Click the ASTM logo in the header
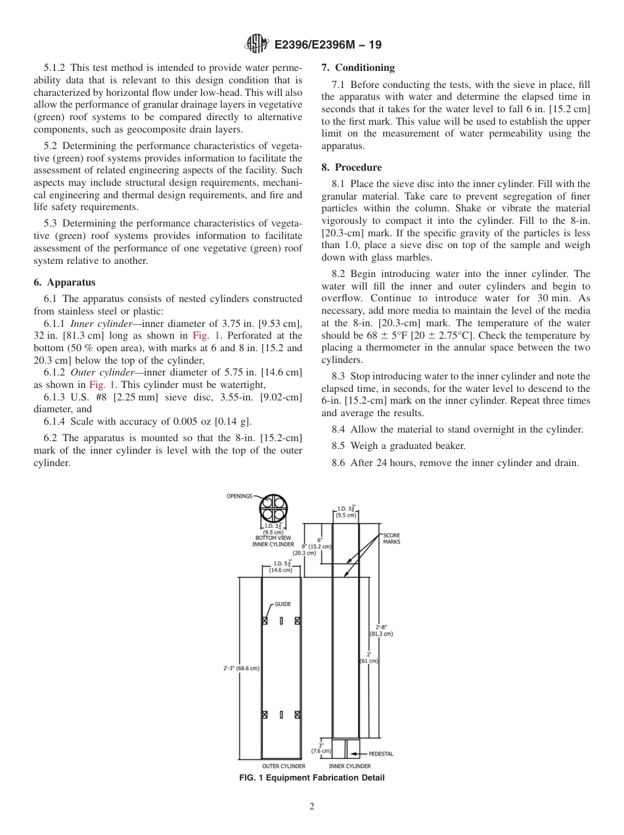(256, 45)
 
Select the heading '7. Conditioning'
(358, 68)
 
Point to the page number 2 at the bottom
(312, 807)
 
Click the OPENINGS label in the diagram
(239, 496)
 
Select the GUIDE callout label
(283, 604)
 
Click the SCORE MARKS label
(391, 538)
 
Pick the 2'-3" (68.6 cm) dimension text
(241, 668)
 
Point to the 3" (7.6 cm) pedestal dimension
(321, 747)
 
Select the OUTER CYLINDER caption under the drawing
(283, 766)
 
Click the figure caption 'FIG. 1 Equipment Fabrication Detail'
(311, 778)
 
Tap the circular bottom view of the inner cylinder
(273, 507)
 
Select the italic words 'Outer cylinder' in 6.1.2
(101, 372)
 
